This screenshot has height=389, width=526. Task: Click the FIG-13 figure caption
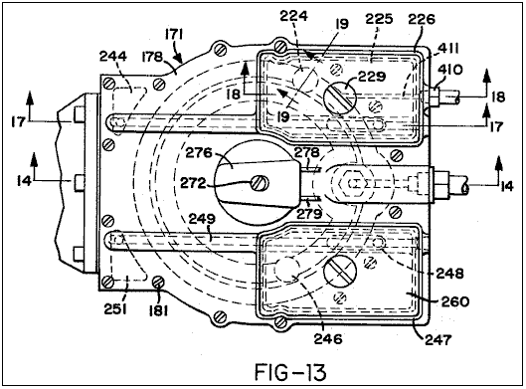click(290, 372)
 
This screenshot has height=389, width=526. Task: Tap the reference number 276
click(199, 153)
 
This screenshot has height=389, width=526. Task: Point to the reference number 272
click(193, 183)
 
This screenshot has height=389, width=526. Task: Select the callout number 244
click(113, 56)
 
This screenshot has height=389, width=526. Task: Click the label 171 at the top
click(174, 34)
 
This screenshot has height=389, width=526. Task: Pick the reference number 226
click(422, 19)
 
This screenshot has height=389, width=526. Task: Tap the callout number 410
click(450, 70)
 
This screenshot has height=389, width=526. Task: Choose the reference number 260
click(454, 301)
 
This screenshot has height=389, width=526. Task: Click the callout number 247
click(438, 340)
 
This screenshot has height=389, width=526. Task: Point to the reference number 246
click(328, 338)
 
